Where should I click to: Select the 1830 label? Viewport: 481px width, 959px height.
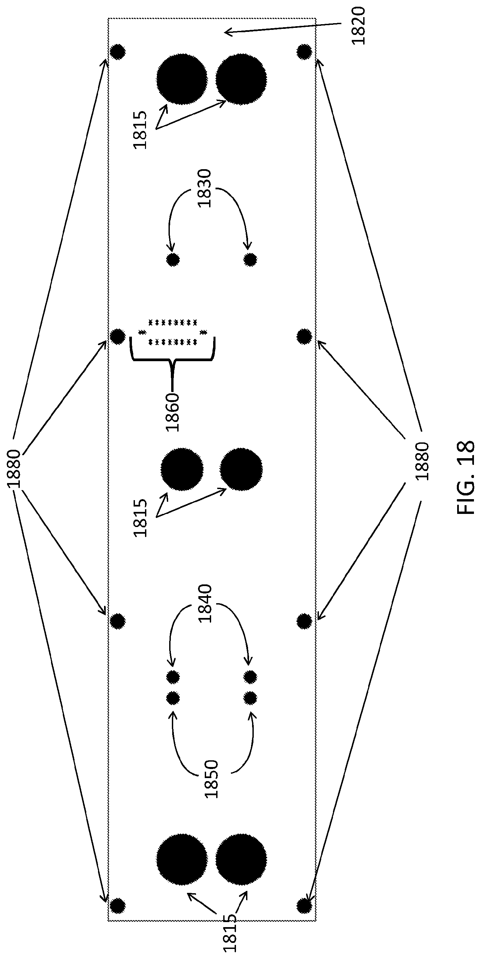pos(204,188)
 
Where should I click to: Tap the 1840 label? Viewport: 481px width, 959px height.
pos(204,604)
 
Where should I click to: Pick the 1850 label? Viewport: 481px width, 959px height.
pos(211,779)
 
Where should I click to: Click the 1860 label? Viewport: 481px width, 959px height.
pos(173,412)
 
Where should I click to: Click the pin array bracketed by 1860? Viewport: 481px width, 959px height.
pos(173,332)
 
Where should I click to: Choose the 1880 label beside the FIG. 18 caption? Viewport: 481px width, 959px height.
pos(422,461)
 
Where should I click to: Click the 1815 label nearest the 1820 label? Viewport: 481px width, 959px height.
pos(140,130)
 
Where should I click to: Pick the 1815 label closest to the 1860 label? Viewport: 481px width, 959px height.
pos(140,518)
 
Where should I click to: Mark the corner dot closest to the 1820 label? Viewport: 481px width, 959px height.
pos(304,51)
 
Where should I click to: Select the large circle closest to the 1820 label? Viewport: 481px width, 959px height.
pos(241,79)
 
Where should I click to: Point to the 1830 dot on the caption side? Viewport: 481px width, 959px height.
pos(250,259)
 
